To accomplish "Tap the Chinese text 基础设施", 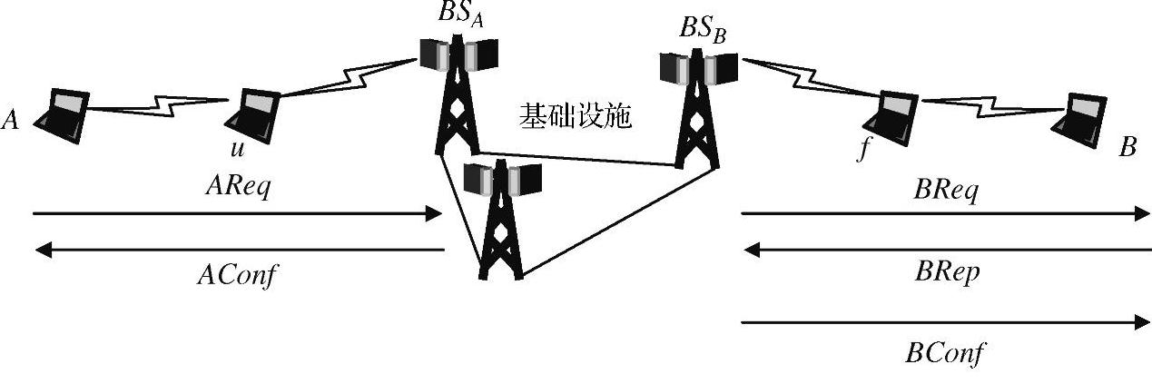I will pos(575,116).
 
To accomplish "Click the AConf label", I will pos(236,275).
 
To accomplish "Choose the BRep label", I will pos(944,273).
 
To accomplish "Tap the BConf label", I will pos(944,351).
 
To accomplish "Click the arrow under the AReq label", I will pos(236,214).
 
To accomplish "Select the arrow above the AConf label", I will pos(236,249).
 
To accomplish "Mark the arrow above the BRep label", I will pos(944,249).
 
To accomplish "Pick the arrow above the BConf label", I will pos(944,321).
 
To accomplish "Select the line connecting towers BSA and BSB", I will pos(581,159).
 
